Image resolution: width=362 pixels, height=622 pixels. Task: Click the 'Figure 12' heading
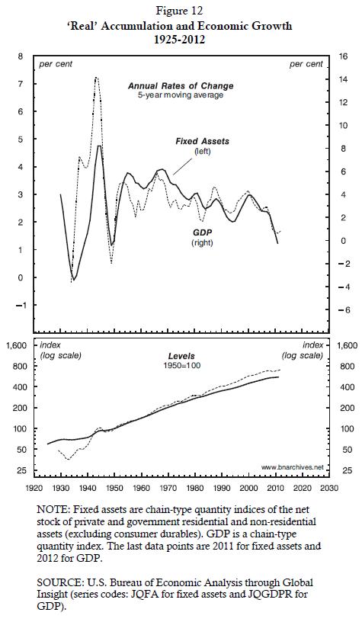click(180, 11)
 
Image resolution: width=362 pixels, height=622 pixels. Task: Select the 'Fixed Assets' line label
click(202, 141)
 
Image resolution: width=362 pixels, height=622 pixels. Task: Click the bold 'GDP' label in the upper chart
click(202, 232)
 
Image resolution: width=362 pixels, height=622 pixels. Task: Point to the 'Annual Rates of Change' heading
click(181, 85)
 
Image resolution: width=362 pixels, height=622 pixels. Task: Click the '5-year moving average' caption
click(181, 95)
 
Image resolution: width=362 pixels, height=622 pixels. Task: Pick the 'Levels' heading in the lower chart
click(181, 356)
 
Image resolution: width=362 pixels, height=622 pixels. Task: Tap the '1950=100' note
click(182, 365)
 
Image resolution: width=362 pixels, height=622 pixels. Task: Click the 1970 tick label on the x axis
click(168, 488)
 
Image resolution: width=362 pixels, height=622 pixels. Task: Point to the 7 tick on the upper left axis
click(21, 84)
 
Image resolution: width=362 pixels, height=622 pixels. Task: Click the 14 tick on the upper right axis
click(341, 79)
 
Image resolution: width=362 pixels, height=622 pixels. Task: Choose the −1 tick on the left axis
click(18, 305)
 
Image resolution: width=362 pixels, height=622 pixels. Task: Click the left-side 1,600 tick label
click(18, 345)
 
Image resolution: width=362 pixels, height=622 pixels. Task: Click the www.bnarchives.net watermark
click(293, 467)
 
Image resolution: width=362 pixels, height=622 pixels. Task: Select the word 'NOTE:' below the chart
click(50, 509)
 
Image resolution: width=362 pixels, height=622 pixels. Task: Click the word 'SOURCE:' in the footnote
click(54, 582)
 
